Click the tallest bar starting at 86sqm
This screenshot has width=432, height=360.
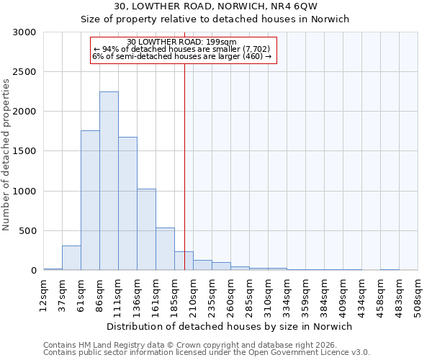(109, 181)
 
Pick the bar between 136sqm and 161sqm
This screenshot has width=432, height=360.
(146, 230)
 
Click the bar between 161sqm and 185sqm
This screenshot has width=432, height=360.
(165, 249)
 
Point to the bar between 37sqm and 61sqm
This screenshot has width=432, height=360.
(71, 258)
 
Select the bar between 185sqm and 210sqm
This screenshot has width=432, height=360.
(184, 261)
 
